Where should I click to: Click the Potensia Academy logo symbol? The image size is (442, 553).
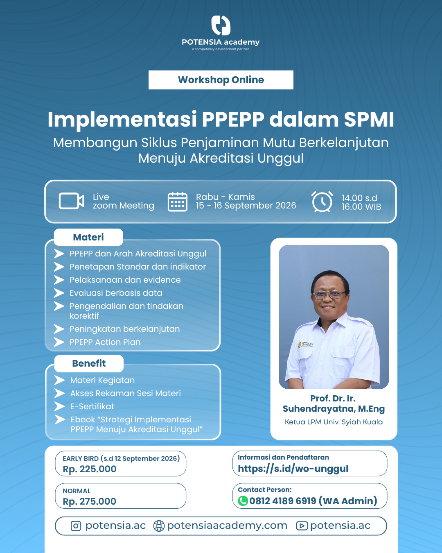[221, 25]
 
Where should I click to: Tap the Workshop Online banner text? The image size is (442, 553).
[221, 80]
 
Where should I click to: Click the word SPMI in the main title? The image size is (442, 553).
[369, 120]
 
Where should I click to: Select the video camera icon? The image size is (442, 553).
[71, 201]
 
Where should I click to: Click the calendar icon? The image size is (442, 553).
[178, 202]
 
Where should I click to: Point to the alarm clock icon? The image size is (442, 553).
[322, 202]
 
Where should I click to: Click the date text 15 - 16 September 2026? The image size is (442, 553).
[246, 206]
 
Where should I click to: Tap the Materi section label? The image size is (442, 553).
[88, 237]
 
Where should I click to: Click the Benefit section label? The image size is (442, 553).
[89, 363]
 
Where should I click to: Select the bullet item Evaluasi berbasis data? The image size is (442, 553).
[116, 293]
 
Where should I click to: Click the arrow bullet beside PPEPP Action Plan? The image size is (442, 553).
[59, 342]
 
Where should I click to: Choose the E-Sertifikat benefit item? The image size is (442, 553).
[92, 406]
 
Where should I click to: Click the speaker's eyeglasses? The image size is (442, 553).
[329, 295]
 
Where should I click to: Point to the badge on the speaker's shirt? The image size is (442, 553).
[305, 344]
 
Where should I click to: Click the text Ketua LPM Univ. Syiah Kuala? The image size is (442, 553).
[334, 422]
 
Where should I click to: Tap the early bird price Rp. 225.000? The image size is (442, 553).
[90, 469]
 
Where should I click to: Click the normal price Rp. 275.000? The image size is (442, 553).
[90, 501]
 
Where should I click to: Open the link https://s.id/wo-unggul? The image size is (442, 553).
[293, 469]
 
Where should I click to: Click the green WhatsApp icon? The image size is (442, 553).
[243, 501]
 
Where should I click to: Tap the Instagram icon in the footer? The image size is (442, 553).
[76, 526]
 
